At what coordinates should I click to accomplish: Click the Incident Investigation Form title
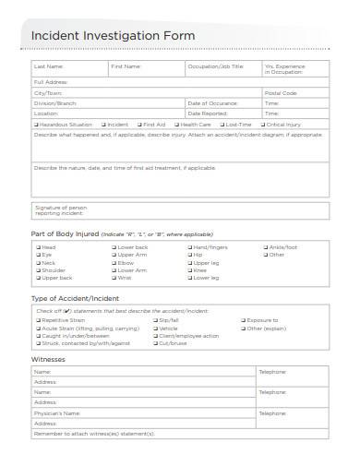pos(114,35)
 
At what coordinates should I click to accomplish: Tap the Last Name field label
pos(49,67)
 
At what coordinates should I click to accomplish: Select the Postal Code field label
pos(281,93)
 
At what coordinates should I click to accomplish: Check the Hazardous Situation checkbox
pos(36,124)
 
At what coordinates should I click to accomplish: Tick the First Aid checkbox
pos(138,124)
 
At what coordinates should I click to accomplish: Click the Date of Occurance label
pos(212,103)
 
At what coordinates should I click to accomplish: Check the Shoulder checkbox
pos(36,269)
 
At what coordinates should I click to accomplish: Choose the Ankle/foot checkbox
pos(264,247)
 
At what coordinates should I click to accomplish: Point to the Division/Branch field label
pos(56,103)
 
